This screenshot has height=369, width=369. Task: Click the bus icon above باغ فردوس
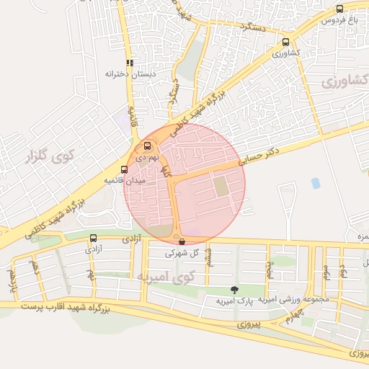pyautogui.click(x=340, y=9)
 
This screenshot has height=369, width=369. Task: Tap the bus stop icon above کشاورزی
pyautogui.click(x=287, y=42)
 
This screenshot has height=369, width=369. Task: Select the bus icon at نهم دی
pyautogui.click(x=148, y=145)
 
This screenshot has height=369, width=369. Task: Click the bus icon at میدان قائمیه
pyautogui.click(x=124, y=169)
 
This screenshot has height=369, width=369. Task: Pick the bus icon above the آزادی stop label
pyautogui.click(x=93, y=238)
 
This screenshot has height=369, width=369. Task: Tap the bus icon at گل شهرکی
pyautogui.click(x=181, y=241)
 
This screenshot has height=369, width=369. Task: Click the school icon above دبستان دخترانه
pyautogui.click(x=130, y=63)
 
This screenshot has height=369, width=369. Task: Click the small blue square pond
pyautogui.click(x=316, y=183)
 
